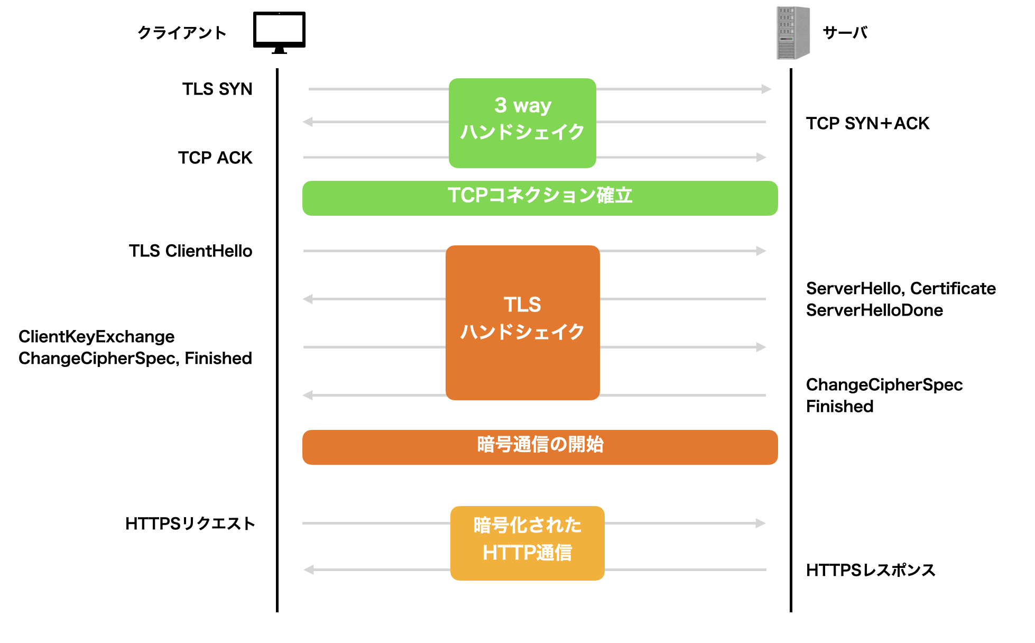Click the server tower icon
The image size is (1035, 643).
click(x=792, y=33)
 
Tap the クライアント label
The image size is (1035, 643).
click(x=182, y=33)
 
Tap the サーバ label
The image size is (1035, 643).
click(x=845, y=33)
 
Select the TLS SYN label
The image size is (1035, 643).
click(x=217, y=89)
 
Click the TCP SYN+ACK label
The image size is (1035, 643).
click(x=867, y=123)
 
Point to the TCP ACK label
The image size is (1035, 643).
click(x=215, y=158)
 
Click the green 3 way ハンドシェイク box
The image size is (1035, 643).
click(x=522, y=123)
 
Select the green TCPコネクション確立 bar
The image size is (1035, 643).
click(x=540, y=198)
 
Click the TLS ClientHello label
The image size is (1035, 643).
click(x=190, y=251)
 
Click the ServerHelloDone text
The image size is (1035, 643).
click(x=874, y=310)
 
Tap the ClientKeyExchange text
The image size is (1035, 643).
click(x=96, y=336)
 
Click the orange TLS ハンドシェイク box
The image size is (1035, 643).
click(x=522, y=322)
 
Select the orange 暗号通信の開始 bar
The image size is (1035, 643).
click(x=540, y=447)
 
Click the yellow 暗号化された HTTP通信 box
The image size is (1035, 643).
click(x=527, y=543)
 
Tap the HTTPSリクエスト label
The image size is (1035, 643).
click(x=190, y=523)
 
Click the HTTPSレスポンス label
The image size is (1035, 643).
click(x=871, y=570)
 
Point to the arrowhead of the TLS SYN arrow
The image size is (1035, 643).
click(x=766, y=89)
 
